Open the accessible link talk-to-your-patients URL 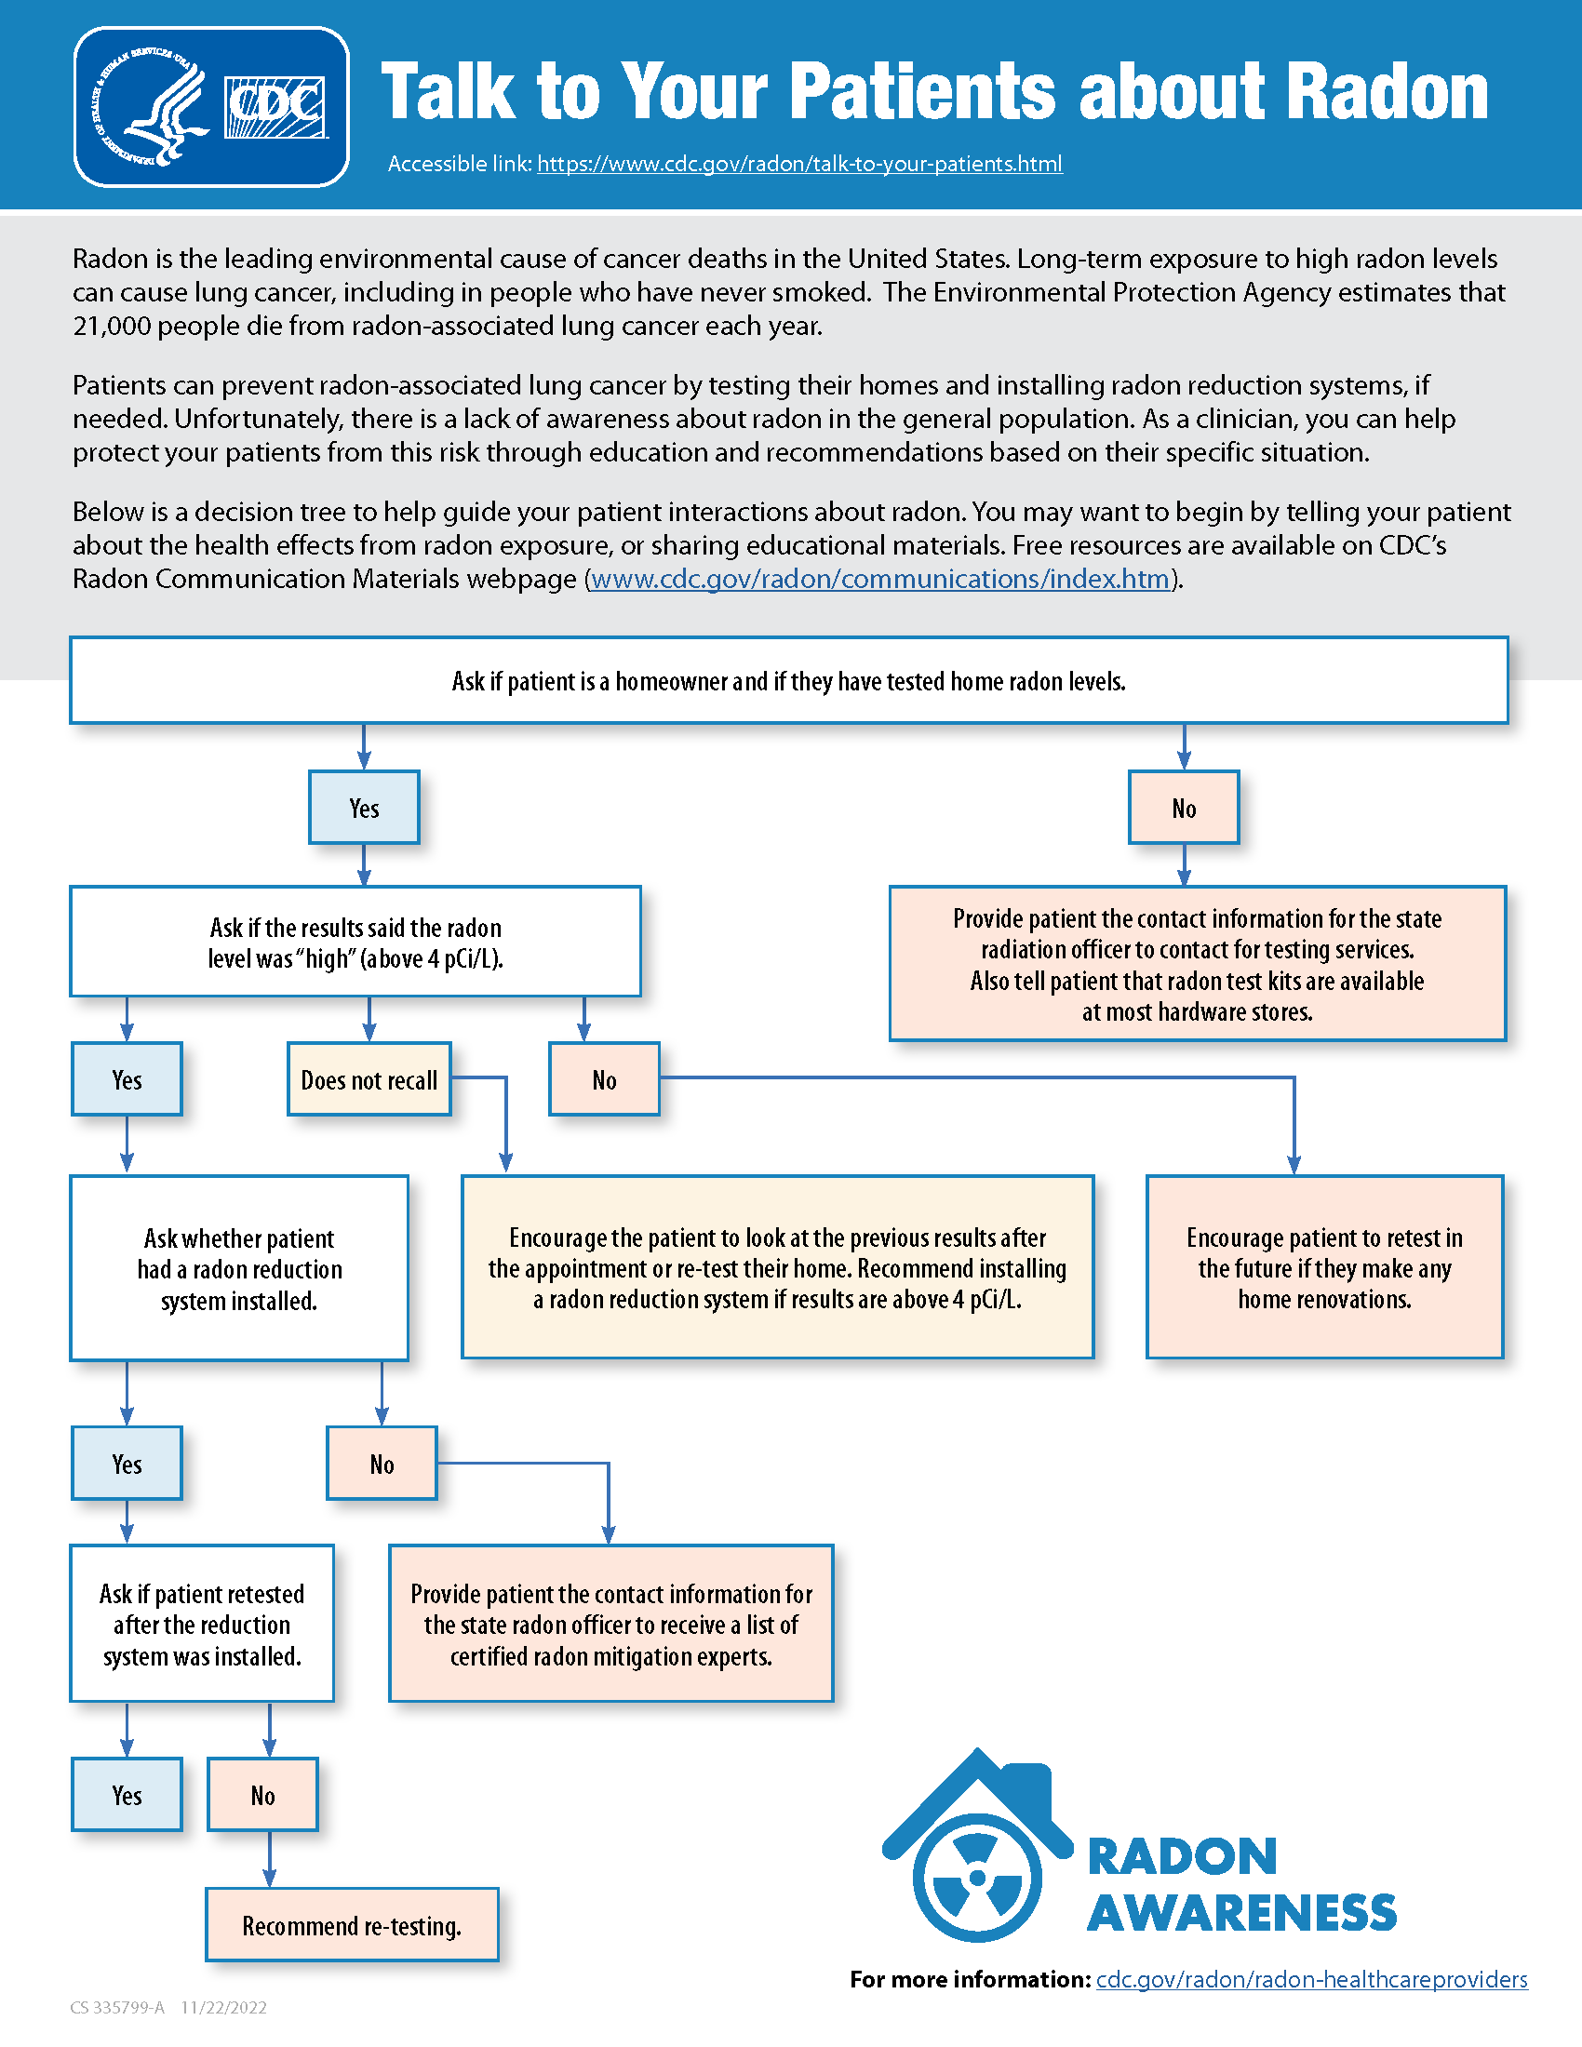(x=798, y=164)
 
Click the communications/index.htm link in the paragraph (x=880, y=580)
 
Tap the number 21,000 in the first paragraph (x=112, y=327)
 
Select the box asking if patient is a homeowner (x=788, y=681)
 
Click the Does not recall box (x=369, y=1079)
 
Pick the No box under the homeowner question (x=1183, y=808)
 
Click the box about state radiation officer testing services (x=1197, y=964)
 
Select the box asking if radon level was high (x=355, y=942)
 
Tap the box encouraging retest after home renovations (x=1323, y=1267)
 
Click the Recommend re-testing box (x=352, y=1925)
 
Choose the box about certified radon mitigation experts (x=610, y=1625)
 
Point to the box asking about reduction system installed (x=239, y=1268)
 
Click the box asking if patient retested (x=202, y=1625)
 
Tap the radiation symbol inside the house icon (x=977, y=1878)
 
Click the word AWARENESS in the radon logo (x=1240, y=1913)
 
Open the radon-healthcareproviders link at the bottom (x=1311, y=1979)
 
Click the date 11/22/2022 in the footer (x=223, y=2008)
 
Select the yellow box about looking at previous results (x=777, y=1267)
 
